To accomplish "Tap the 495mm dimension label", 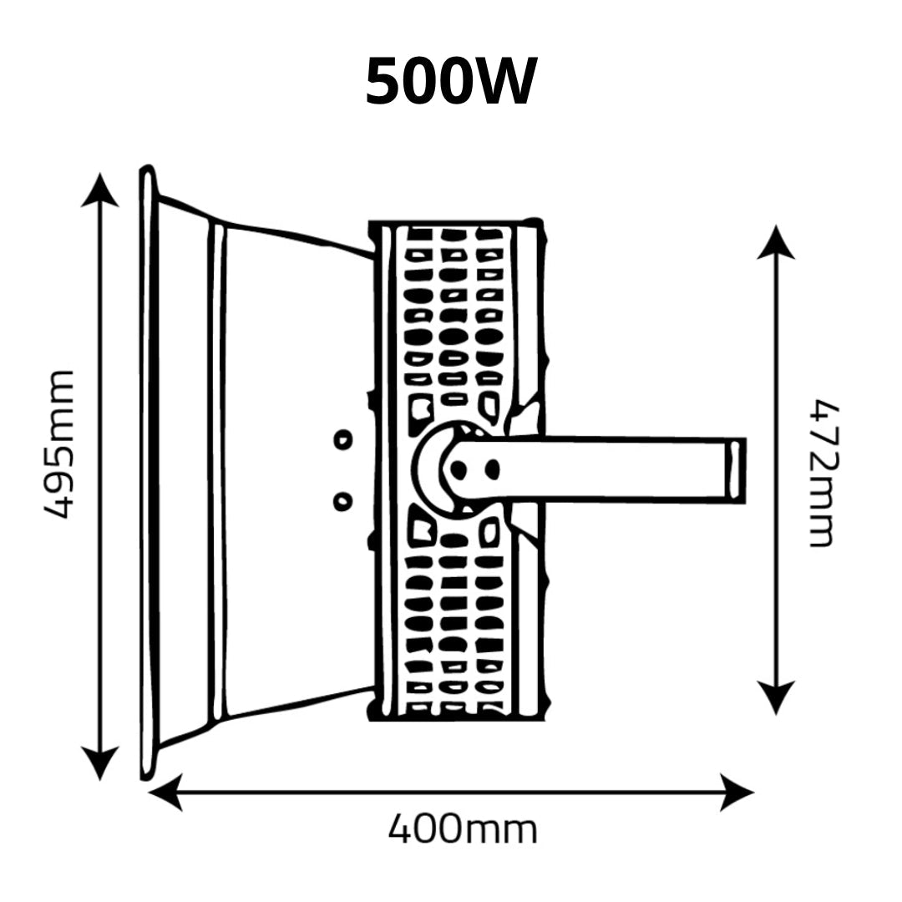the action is [x=60, y=444].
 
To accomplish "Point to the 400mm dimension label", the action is [x=463, y=829].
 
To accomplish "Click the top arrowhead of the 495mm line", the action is [x=100, y=190].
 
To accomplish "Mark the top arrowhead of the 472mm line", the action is [x=776, y=242].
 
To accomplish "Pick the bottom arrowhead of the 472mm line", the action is [x=776, y=697].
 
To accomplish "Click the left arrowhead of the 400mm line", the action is [x=165, y=793].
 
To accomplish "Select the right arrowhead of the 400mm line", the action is [x=737, y=793].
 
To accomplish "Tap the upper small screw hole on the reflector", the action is [x=343, y=440].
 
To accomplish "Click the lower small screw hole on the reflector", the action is [x=343, y=502].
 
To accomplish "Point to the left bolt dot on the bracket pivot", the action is [x=458, y=470].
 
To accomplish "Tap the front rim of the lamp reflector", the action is [x=149, y=473].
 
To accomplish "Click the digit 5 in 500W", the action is [x=383, y=81].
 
